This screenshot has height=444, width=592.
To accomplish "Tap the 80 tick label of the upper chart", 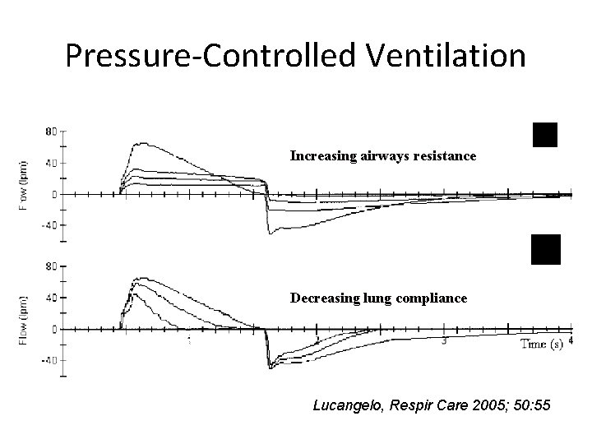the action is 51,132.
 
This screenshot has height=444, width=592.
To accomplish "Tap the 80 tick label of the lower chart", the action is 51,266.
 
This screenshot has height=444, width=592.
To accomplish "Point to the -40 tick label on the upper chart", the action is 49,225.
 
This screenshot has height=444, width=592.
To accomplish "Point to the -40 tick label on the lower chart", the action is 49,360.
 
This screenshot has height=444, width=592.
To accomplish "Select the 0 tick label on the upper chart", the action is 54,195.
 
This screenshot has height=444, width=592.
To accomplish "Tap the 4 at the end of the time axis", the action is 570,340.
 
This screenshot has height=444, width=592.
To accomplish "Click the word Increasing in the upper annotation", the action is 323,155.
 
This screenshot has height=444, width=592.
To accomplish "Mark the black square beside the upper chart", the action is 544,134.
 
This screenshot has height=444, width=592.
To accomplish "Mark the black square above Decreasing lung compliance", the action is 545,249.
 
